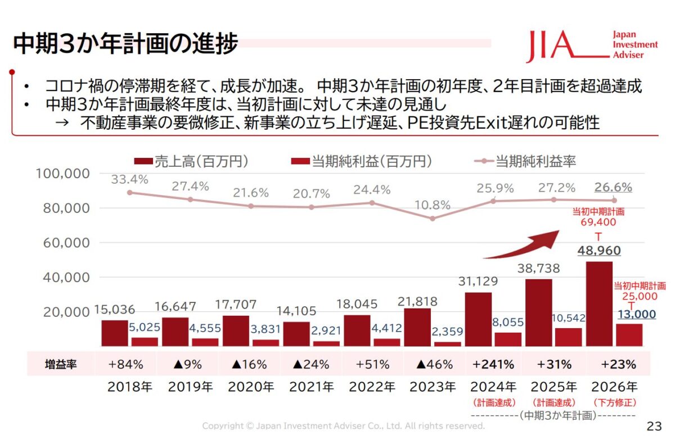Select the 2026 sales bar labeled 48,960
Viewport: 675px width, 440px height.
(599, 304)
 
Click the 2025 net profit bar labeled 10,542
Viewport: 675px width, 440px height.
(568, 337)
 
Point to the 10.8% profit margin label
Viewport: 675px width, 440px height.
(431, 205)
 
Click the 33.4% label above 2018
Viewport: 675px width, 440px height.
(129, 180)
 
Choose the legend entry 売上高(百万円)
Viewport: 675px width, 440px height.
(191, 162)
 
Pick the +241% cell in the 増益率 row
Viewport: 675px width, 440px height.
(493, 364)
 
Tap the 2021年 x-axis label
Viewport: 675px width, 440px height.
(311, 387)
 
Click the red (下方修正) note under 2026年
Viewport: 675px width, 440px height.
(614, 402)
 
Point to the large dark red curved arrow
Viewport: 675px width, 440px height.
(523, 245)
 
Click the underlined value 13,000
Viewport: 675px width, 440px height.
(637, 315)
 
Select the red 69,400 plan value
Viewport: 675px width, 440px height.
(598, 223)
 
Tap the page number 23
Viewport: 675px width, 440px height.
(655, 425)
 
